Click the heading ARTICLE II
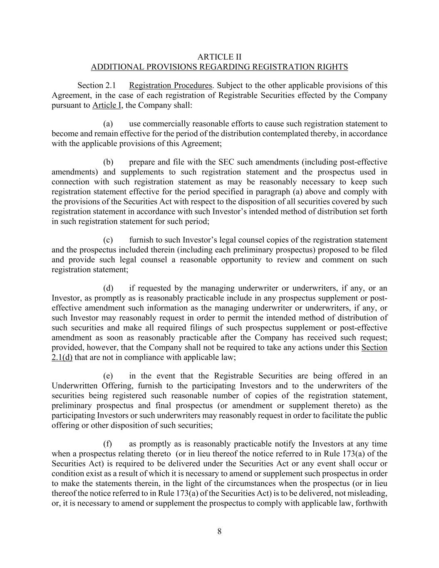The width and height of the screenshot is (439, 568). coord(219,57)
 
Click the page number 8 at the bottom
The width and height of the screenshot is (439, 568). coord(219,531)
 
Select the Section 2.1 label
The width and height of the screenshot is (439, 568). coord(97,86)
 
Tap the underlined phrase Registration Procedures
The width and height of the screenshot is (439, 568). coord(171,86)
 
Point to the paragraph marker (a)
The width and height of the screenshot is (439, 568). coord(108,124)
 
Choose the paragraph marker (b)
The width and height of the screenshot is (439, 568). coord(108,162)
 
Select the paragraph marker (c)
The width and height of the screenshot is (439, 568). coord(108,240)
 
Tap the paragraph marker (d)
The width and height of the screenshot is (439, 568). coord(108,288)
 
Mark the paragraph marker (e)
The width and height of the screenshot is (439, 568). coord(108,376)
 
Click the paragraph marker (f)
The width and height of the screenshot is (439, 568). coord(108,444)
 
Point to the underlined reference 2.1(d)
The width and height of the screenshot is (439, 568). coord(62,357)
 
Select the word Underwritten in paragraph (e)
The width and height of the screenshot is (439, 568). coord(75,386)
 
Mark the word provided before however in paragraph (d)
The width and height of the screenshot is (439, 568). coord(66,347)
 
